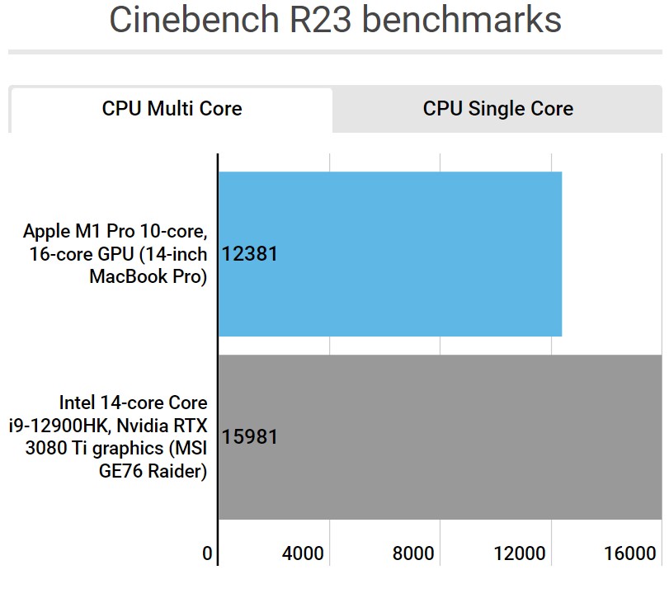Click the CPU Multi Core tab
pyautogui.click(x=172, y=109)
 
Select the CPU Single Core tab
pyautogui.click(x=497, y=109)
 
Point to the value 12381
pyautogui.click(x=251, y=254)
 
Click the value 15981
pyautogui.click(x=251, y=437)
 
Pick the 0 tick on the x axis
pyautogui.click(x=208, y=553)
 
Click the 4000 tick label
pyautogui.click(x=303, y=553)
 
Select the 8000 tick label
pyautogui.click(x=413, y=553)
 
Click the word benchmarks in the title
pyautogui.click(x=467, y=21)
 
